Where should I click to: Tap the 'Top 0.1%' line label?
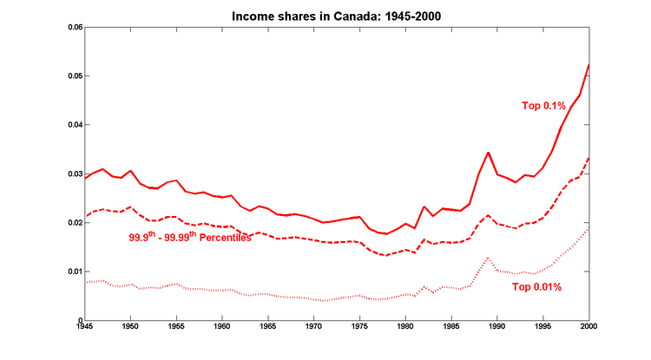[x=543, y=106]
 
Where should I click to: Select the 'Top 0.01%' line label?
[x=537, y=286]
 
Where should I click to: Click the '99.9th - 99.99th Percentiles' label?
[x=189, y=236]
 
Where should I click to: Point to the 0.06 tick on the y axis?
[x=76, y=28]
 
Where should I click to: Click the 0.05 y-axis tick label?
[x=76, y=76]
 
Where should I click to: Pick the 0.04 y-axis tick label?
[x=76, y=125]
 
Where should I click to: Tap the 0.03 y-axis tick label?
[x=76, y=174]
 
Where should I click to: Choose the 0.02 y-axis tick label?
[x=76, y=223]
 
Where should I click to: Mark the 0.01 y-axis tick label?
[x=76, y=272]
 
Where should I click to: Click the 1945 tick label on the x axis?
[x=84, y=328]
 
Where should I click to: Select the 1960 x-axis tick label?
[x=222, y=328]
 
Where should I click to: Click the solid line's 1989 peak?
[x=489, y=153]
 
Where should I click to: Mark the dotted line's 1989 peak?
[x=489, y=259]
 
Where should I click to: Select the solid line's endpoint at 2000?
[x=589, y=64]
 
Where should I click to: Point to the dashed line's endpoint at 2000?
[x=589, y=158]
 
